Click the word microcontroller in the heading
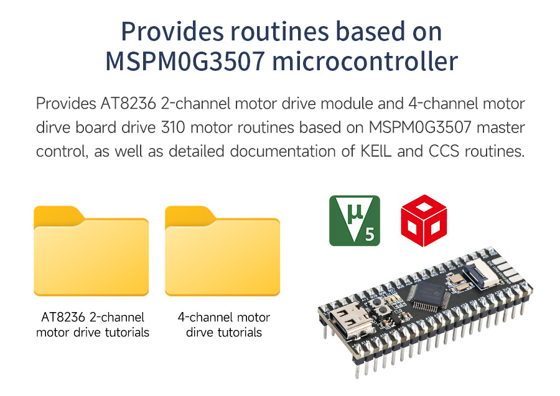tap(365, 61)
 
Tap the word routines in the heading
tap(279, 32)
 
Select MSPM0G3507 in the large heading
tap(185, 61)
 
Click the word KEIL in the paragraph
tap(376, 151)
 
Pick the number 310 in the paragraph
tap(173, 127)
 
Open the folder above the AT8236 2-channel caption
tap(91, 251)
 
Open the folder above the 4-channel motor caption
tap(222, 251)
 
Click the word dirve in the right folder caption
tap(200, 333)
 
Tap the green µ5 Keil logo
tap(354, 221)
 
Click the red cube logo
tap(424, 221)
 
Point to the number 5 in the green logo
tap(369, 235)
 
